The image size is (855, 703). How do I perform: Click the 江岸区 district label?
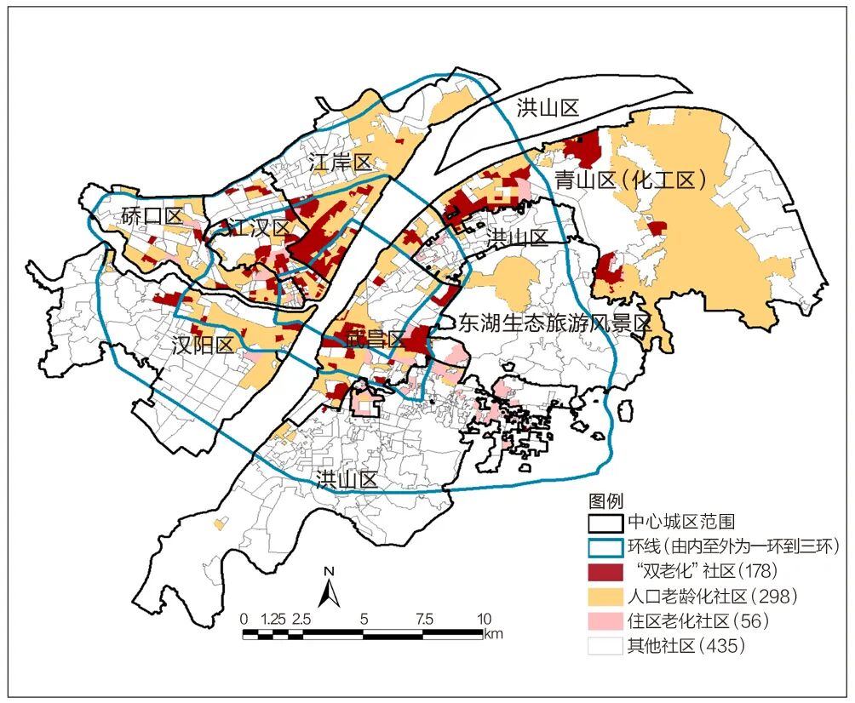pyautogui.click(x=341, y=162)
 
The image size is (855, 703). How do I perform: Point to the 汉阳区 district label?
pyautogui.click(x=202, y=345)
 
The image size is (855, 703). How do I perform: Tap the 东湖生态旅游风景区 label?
pyautogui.click(x=554, y=323)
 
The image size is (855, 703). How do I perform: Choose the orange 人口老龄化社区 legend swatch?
pyautogui.click(x=604, y=595)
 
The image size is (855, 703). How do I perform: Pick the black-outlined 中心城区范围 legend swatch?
pyautogui.click(x=604, y=522)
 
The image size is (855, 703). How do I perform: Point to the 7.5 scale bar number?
pyautogui.click(x=423, y=619)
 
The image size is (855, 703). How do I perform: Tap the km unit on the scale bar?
pyautogui.click(x=493, y=634)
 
